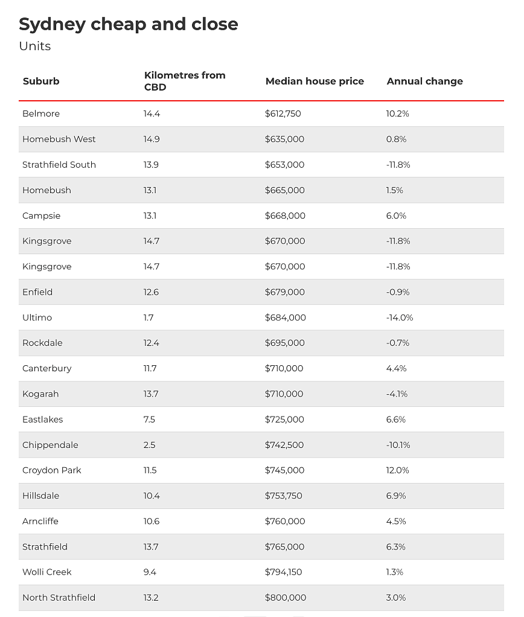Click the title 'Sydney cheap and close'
129,24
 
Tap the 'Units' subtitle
34,46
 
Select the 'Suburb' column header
41,81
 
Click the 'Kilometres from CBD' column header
185,81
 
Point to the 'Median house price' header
315,81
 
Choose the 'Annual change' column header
425,82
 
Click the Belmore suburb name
41,113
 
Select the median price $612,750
283,113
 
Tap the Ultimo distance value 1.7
149,318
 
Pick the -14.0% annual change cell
400,318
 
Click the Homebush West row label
59,139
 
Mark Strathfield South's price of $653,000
284,165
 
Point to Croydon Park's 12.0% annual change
397,470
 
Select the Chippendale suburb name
50,445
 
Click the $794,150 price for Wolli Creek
283,572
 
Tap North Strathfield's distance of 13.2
151,598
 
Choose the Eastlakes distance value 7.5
149,420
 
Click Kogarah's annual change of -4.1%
397,394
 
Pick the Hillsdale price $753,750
283,496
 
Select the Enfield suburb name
37,292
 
